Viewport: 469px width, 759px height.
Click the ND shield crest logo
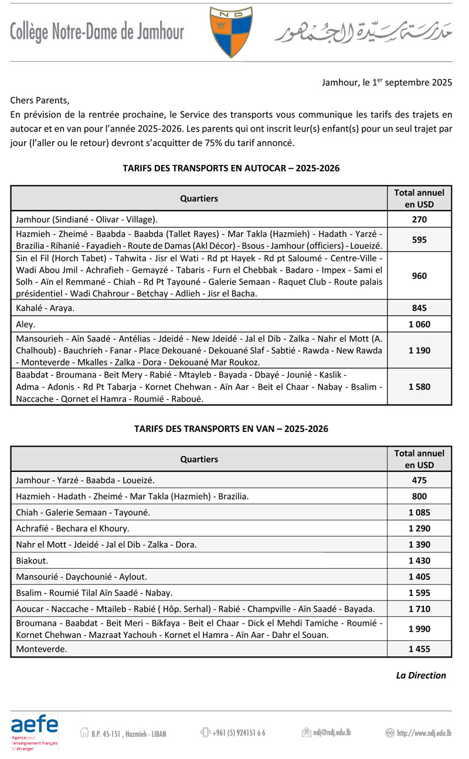pyautogui.click(x=231, y=32)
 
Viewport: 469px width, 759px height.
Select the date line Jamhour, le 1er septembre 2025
pyautogui.click(x=387, y=83)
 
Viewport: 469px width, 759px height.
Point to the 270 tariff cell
pyautogui.click(x=419, y=220)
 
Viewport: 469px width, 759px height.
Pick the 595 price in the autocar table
pyautogui.click(x=419, y=239)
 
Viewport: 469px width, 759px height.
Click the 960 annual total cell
pyautogui.click(x=419, y=275)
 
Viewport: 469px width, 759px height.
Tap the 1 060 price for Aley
pyautogui.click(x=419, y=324)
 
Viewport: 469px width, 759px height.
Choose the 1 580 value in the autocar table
pyautogui.click(x=419, y=387)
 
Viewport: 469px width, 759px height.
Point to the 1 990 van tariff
pyautogui.click(x=419, y=629)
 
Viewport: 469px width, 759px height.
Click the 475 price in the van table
pyautogui.click(x=419, y=480)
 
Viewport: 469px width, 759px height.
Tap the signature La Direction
pyautogui.click(x=421, y=675)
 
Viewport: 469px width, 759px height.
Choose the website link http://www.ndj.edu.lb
pyautogui.click(x=419, y=732)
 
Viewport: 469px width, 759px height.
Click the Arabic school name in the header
pyautogui.click(x=363, y=33)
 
